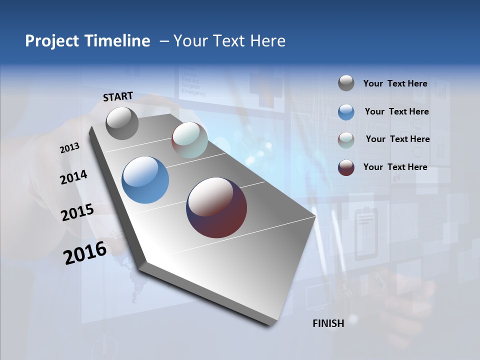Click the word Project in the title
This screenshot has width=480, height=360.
52,41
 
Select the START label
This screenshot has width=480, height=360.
118,96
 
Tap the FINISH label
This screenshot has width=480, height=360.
328,323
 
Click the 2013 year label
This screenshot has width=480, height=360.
70,148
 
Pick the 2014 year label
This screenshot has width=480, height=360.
74,177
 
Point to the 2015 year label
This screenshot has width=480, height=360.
77,212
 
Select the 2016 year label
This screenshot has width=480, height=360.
85,253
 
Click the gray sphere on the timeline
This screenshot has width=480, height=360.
122,123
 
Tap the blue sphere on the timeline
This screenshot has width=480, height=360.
145,180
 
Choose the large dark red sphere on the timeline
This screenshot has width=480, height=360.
216,207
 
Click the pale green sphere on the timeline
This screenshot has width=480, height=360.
189,140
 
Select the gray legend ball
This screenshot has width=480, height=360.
346,83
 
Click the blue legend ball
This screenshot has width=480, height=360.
346,112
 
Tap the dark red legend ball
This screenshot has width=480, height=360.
346,167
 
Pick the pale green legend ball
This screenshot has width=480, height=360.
346,140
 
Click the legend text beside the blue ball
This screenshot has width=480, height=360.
396,111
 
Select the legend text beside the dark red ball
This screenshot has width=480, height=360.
395,167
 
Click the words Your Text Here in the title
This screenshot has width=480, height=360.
229,41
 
